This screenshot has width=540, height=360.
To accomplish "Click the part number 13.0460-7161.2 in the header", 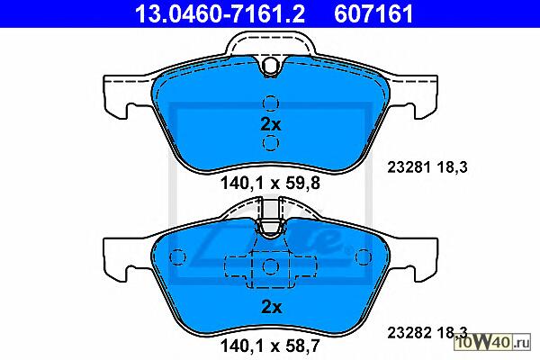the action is point(220,13).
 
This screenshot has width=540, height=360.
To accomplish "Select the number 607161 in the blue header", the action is point(373,13).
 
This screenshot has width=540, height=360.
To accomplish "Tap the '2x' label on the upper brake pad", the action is point(271,124).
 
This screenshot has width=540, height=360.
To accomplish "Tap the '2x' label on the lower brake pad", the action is point(272,307).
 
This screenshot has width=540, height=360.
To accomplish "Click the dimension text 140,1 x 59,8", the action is point(270,183).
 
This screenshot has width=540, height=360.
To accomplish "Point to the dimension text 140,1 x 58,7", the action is point(270,346).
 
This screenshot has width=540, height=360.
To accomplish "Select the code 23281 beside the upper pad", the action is point(409,167).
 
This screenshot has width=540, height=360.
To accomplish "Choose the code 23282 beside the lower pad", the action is point(409,333).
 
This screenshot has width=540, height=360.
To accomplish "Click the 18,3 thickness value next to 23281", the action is point(452,167).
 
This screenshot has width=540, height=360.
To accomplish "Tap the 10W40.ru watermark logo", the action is point(492,342).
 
